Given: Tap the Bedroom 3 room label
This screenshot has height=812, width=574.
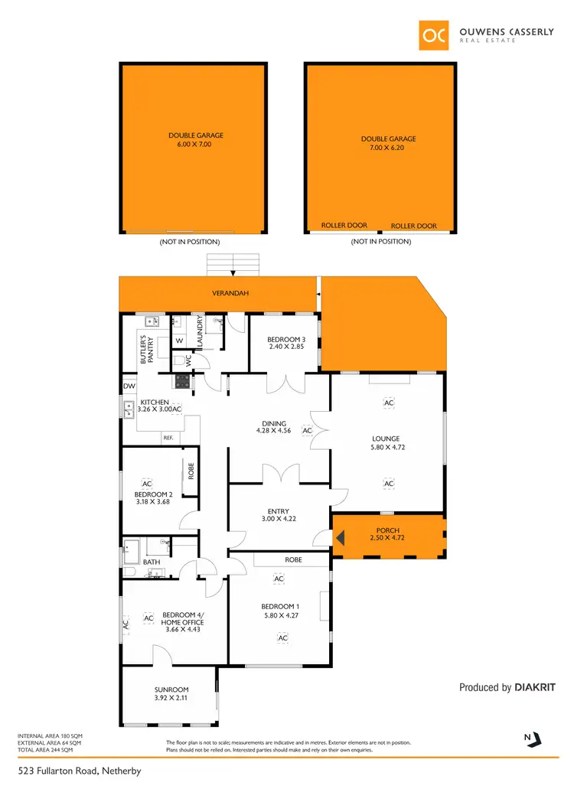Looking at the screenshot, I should coord(286,339).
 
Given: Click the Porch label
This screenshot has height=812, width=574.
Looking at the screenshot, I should coord(388,530).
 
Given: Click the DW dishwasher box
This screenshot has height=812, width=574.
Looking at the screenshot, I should coord(128,386).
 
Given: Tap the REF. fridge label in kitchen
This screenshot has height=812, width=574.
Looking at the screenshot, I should coord(168,437).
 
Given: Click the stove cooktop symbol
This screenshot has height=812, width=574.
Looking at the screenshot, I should coord(183,380).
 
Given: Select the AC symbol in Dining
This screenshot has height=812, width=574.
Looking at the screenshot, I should coord(307,431).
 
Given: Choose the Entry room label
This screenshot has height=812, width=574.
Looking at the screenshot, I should coord(278,512).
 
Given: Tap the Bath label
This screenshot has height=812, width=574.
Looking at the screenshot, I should coord(152,563).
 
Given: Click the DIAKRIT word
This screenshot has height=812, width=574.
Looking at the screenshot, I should coord(535,687).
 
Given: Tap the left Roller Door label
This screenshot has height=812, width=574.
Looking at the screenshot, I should coord(344,226).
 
